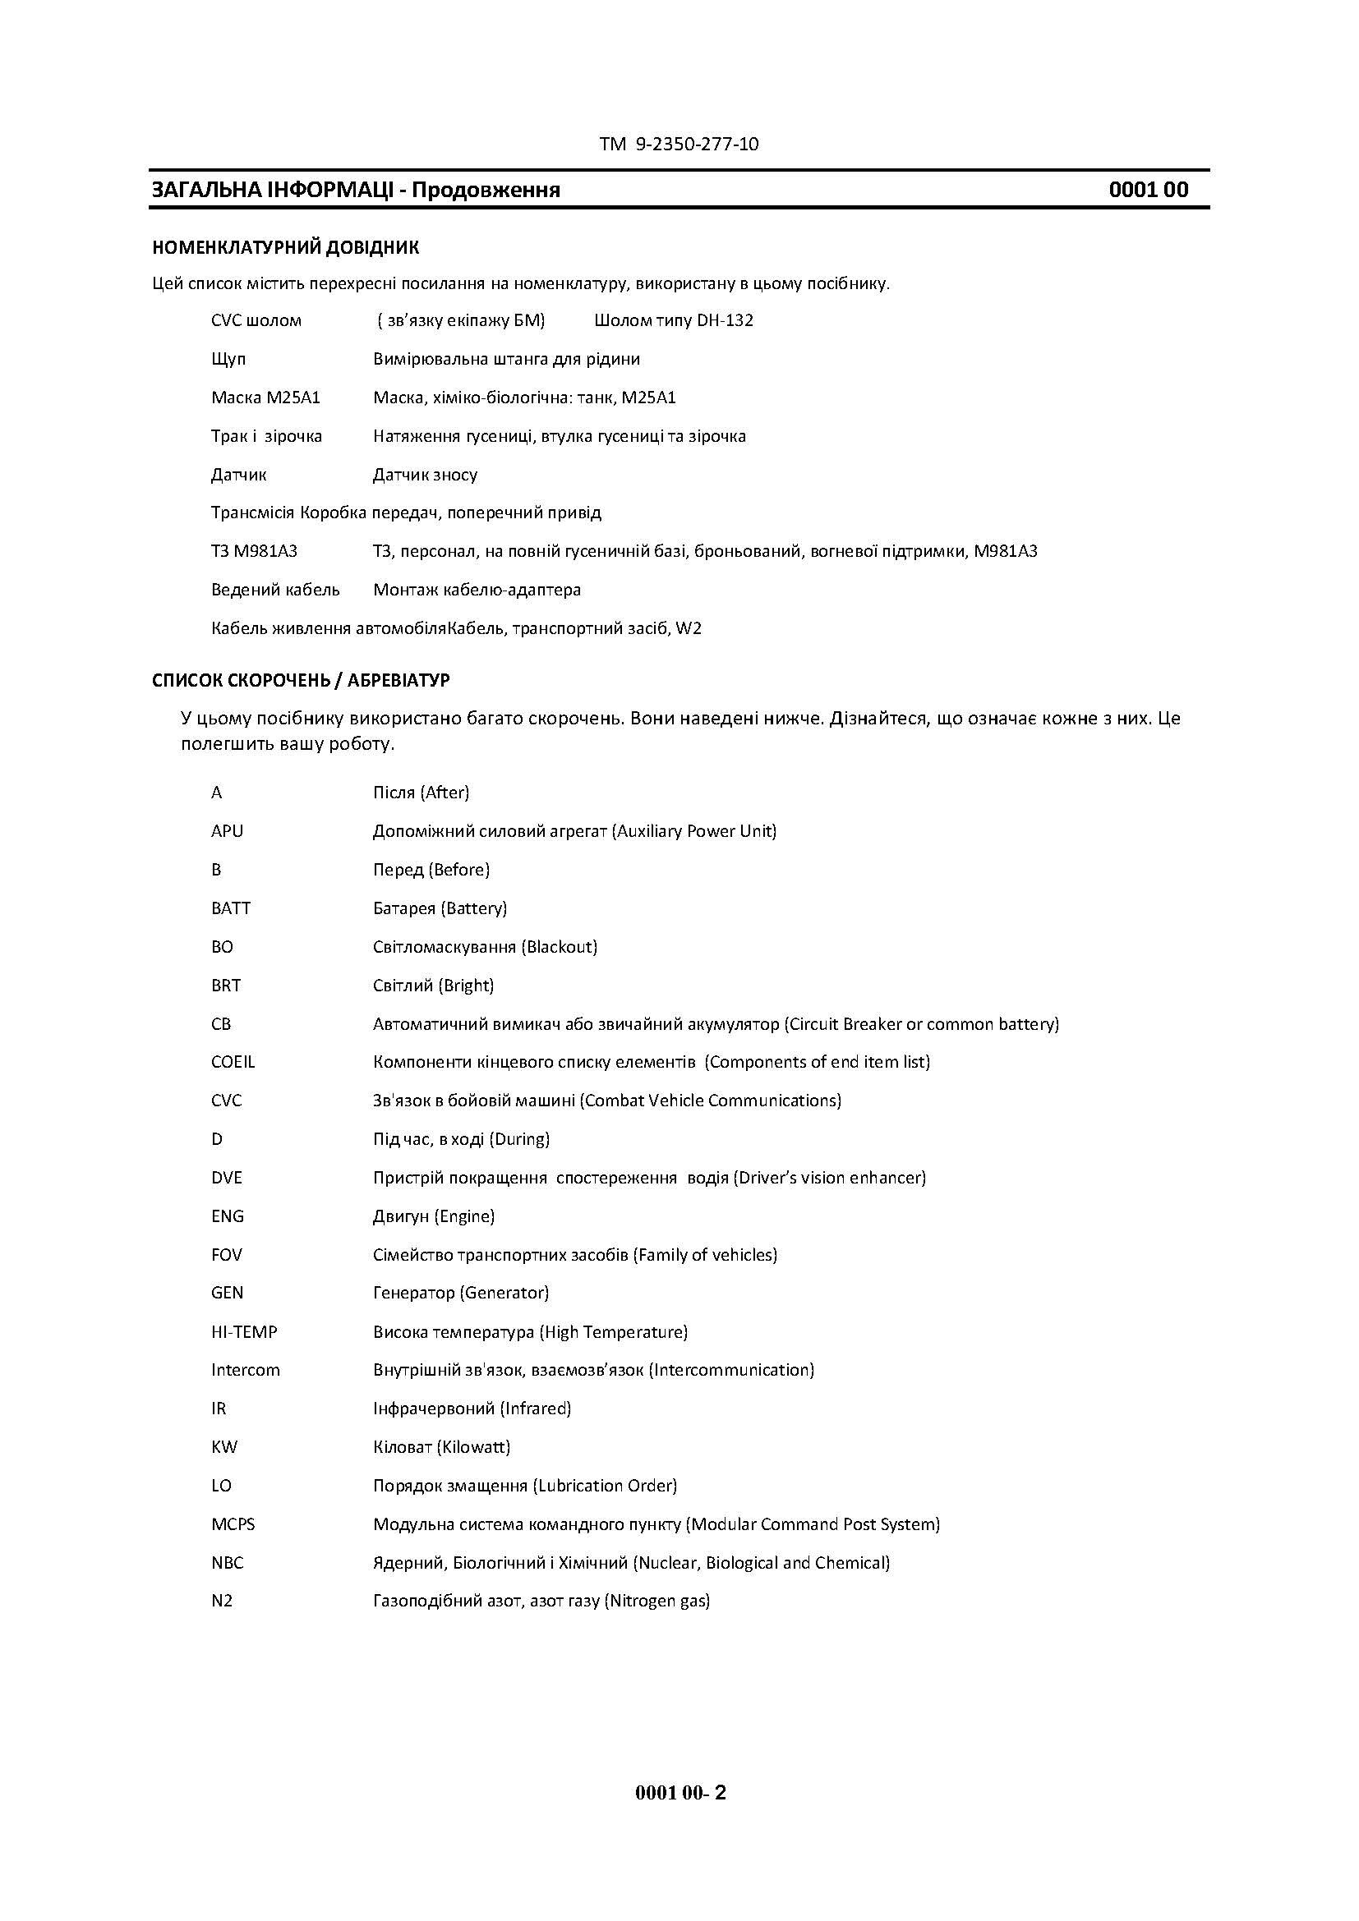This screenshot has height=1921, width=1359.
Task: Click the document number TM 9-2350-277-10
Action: point(679,144)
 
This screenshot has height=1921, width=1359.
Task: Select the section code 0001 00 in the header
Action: point(1148,190)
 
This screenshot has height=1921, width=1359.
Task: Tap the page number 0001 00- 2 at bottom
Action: point(680,1792)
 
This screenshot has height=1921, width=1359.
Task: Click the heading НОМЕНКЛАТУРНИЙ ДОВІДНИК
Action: point(285,248)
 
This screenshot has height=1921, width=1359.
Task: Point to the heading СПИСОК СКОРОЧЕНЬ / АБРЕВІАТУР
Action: point(301,680)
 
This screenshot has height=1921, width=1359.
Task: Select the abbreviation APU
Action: point(227,831)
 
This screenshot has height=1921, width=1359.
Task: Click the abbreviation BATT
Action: point(231,908)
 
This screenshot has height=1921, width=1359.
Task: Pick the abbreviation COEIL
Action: point(233,1062)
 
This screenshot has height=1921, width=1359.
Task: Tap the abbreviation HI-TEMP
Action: point(243,1331)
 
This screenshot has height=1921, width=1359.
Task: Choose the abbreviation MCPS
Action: point(233,1523)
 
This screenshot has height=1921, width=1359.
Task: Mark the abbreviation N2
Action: point(222,1601)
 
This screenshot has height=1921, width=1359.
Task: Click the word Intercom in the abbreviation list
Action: point(245,1370)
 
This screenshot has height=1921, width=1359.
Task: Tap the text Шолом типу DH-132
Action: point(674,320)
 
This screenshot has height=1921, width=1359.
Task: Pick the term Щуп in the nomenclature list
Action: point(228,359)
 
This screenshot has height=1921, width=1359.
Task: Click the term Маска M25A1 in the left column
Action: point(265,398)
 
